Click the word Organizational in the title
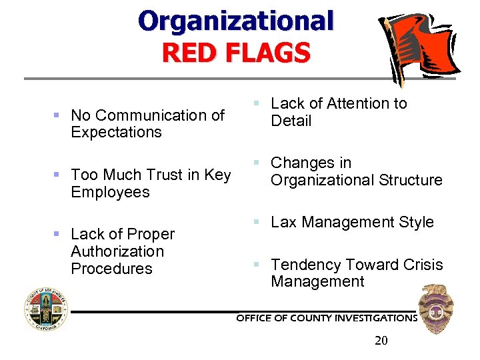[x=235, y=21]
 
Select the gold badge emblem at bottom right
[x=436, y=308]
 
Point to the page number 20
[x=381, y=341]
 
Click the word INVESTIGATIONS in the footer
[x=375, y=318]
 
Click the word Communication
[x=161, y=115]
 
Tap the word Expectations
[x=116, y=132]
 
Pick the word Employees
[x=110, y=192]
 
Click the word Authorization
[x=117, y=251]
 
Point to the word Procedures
[x=111, y=269]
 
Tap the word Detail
[x=291, y=121]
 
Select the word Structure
[x=410, y=180]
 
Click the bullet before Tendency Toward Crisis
[x=255, y=265]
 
